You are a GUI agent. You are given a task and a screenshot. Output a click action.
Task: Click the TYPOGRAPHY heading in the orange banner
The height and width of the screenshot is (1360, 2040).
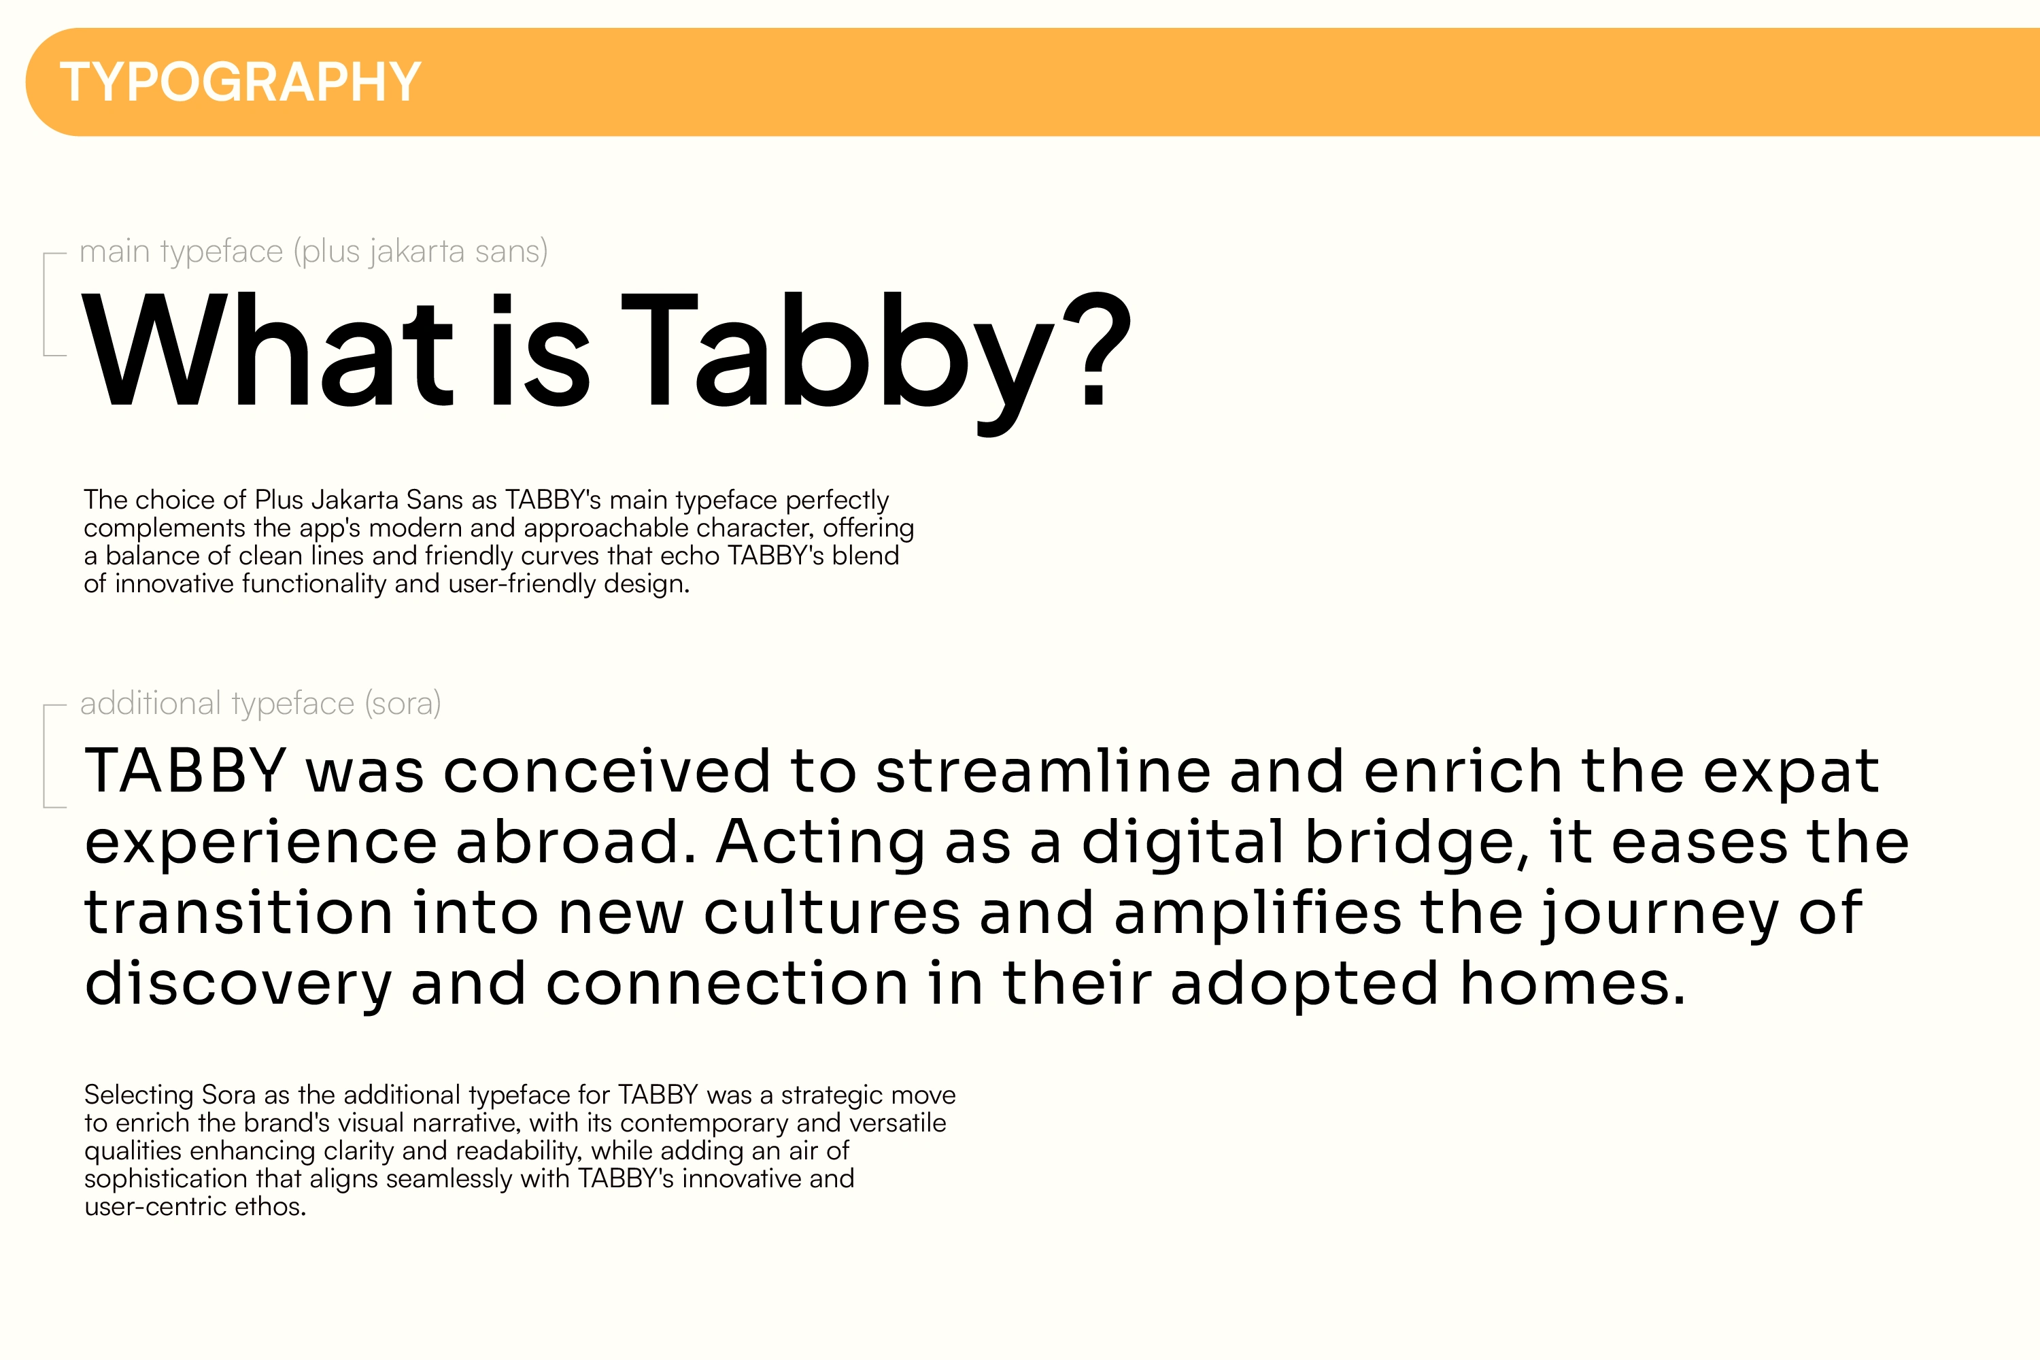(x=240, y=82)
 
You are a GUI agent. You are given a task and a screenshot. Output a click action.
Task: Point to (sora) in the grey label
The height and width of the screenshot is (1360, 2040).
(x=403, y=703)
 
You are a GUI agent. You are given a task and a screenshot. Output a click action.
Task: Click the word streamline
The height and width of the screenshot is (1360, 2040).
(x=1042, y=770)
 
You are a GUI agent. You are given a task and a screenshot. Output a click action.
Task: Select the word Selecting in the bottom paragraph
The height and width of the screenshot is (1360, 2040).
(x=139, y=1095)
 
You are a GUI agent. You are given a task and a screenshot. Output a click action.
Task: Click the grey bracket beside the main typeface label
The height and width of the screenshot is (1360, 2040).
(x=45, y=303)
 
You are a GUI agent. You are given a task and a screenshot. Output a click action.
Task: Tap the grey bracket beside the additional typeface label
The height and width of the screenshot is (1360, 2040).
(x=45, y=756)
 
